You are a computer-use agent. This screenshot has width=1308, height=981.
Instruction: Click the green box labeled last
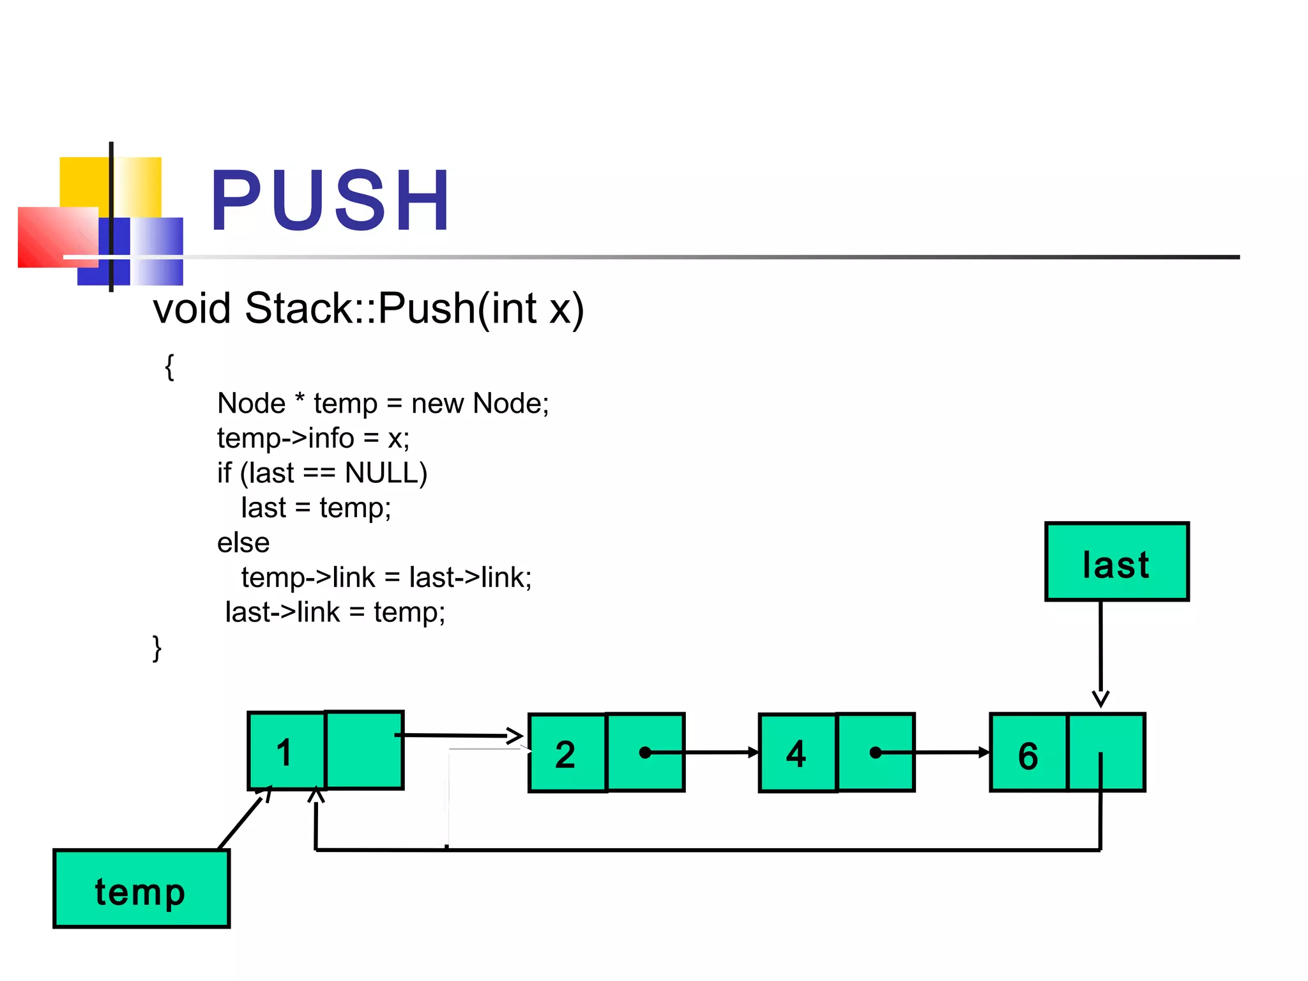pos(1116,562)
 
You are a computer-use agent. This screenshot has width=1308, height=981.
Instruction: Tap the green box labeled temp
pos(141,889)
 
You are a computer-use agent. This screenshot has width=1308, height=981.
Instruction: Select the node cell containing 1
pos(286,751)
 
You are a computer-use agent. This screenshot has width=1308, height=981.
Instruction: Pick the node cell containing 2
pos(567,753)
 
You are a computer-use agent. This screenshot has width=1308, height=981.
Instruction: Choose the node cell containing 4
pos(797,753)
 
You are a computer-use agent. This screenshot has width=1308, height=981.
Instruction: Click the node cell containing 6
pos(1028,754)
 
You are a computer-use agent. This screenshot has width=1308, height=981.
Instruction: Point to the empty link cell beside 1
pos(364,750)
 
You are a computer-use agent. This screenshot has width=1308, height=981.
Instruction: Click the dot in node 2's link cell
pos(645,753)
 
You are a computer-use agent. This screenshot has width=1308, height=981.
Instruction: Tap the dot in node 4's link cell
pos(876,753)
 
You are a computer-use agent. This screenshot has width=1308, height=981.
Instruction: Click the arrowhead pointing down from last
pos(1100,698)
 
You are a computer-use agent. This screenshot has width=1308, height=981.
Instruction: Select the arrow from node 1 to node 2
pos(460,736)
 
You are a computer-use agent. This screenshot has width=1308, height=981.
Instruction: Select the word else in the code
pos(243,543)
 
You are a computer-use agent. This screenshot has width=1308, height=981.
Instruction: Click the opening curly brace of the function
pos(169,367)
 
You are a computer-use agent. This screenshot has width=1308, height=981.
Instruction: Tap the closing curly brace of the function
pos(157,648)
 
